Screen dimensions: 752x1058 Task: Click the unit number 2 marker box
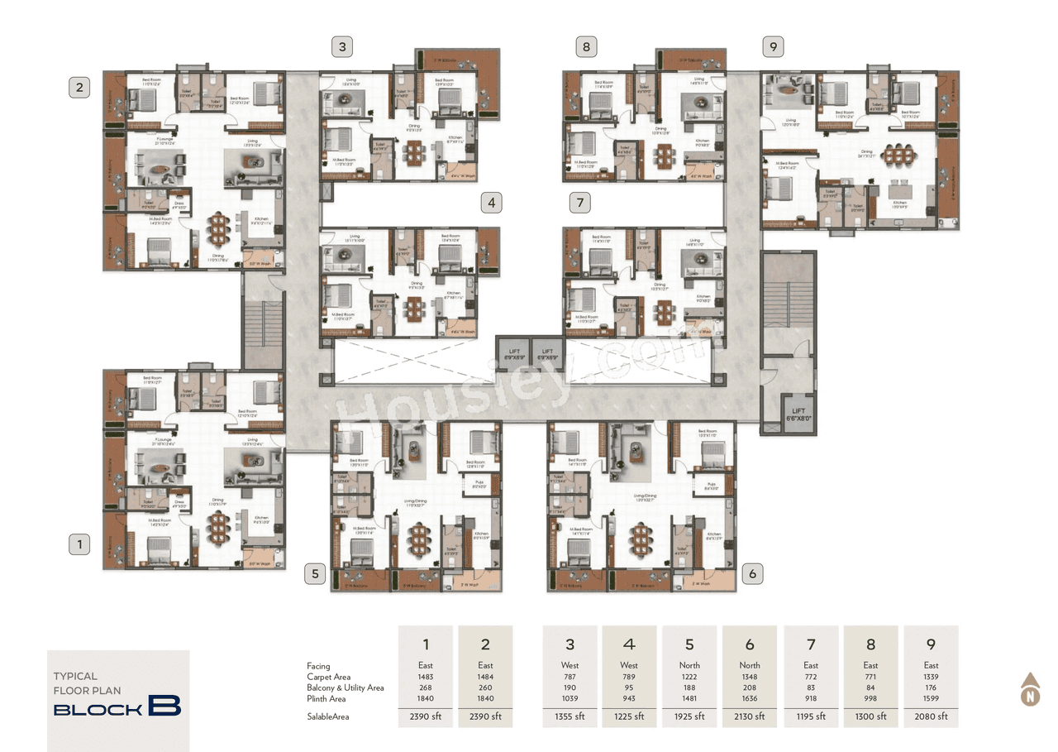(79, 87)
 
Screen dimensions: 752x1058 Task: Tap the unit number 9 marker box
(774, 47)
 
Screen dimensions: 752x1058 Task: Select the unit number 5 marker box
(314, 573)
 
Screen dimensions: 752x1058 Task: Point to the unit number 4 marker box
(493, 202)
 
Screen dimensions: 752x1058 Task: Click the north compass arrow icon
(1030, 688)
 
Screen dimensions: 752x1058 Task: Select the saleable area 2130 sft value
(750, 716)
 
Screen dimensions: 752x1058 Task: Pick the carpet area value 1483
(426, 677)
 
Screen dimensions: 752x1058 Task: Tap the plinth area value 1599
(931, 699)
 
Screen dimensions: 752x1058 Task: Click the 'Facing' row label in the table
(318, 665)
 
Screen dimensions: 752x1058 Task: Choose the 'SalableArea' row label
(328, 716)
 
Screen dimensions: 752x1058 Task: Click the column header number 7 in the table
(811, 644)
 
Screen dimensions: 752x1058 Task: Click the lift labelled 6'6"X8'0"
(798, 415)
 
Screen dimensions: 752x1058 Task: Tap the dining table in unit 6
(640, 537)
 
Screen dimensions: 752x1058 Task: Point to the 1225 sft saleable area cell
(629, 716)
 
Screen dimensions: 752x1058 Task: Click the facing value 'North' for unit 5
(689, 665)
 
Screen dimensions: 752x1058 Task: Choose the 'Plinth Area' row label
(326, 699)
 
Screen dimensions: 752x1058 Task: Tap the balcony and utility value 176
(931, 687)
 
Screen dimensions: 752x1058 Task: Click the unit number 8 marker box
(586, 47)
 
